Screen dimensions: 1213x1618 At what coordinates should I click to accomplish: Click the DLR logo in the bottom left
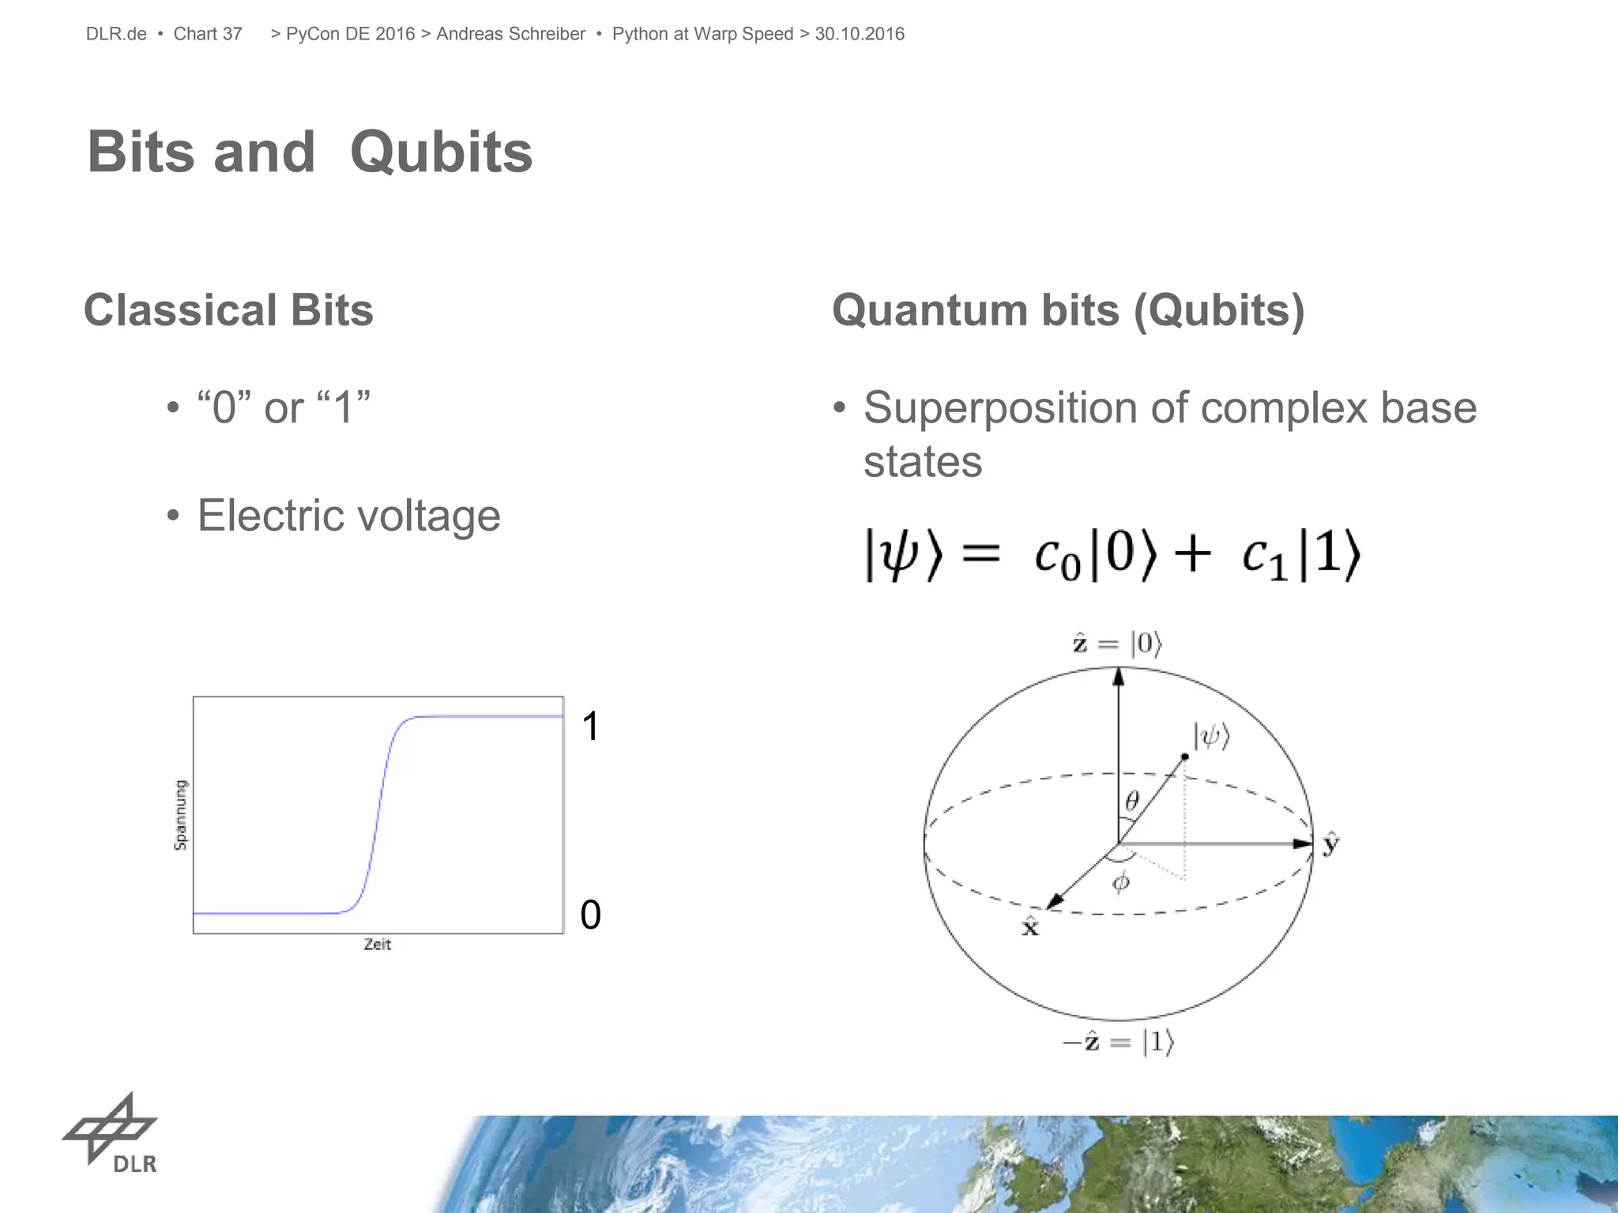[x=111, y=1133]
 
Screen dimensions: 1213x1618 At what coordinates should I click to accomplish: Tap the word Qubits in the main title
[x=441, y=152]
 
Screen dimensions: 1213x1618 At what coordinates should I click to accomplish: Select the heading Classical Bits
[x=228, y=310]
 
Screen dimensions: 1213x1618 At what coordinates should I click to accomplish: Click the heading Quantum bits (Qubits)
[x=1068, y=310]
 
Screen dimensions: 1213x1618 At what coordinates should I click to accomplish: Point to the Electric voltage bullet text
[x=348, y=516]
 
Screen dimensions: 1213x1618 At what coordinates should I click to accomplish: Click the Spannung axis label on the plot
[x=181, y=814]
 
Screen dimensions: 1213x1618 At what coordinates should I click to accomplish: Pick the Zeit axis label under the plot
[x=377, y=944]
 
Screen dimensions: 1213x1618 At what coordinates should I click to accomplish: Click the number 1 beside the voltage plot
[x=590, y=726]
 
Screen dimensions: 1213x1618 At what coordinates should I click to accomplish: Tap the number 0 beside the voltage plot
[x=590, y=915]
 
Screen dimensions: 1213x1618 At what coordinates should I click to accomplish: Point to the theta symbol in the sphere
[x=1132, y=802]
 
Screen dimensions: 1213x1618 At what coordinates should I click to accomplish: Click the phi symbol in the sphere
[x=1121, y=882]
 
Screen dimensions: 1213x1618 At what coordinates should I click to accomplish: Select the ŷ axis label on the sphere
[x=1331, y=844]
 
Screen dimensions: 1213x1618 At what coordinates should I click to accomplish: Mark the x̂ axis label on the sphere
[x=1030, y=926]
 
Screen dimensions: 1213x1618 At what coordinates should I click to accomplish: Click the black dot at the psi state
[x=1184, y=757]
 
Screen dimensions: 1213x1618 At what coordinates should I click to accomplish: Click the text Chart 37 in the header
[x=208, y=34]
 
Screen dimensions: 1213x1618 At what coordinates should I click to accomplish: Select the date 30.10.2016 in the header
[x=860, y=34]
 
